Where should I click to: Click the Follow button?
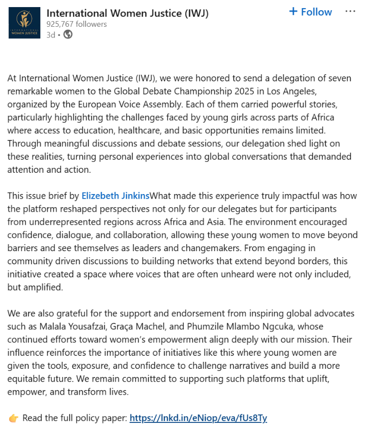click(310, 12)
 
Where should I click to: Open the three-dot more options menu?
click(350, 11)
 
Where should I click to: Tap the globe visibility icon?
click(68, 34)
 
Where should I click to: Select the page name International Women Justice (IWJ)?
click(127, 13)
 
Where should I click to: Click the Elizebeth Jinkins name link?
click(116, 196)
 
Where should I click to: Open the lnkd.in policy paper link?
click(198, 418)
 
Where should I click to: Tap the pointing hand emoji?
click(14, 418)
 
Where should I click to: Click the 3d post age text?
click(50, 34)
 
